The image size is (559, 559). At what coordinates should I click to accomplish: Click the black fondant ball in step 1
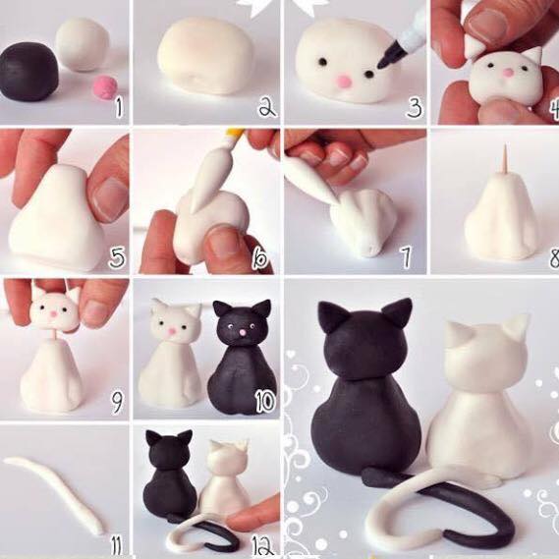point(28,72)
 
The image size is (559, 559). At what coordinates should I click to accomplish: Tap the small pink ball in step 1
point(104,87)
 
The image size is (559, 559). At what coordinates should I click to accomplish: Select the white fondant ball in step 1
point(83,44)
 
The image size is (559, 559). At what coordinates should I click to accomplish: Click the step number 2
point(267,107)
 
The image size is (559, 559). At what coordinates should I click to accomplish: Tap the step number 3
point(414,107)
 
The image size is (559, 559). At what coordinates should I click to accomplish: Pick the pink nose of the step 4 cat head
point(507,73)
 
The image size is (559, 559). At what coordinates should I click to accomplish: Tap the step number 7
point(407,256)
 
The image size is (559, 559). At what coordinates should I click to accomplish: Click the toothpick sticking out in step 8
point(506,159)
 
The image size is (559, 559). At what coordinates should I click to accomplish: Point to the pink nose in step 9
point(54,314)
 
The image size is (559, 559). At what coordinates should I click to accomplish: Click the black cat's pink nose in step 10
point(243,333)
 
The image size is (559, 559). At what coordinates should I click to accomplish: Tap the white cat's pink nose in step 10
point(172,331)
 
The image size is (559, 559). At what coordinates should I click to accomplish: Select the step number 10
point(265,402)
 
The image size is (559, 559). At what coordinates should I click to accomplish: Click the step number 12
point(263,546)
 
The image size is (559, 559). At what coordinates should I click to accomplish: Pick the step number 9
point(117,402)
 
